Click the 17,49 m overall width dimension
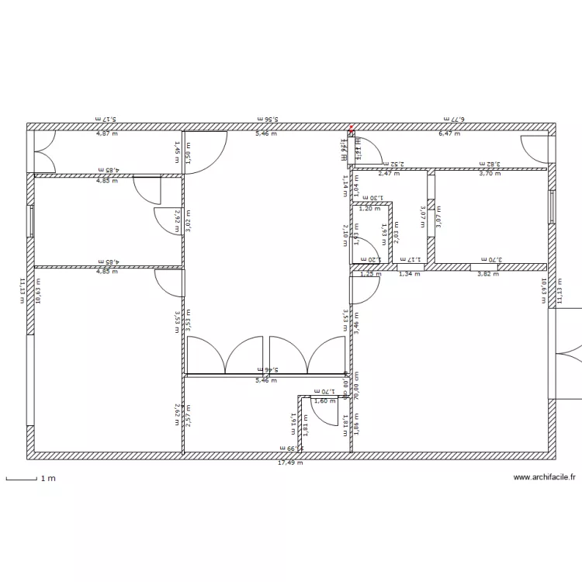[x=290, y=463]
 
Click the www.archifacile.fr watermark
[x=547, y=478]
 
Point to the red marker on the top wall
[x=351, y=128]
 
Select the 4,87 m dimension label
[x=107, y=133]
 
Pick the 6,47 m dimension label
[x=449, y=133]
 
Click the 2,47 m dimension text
[x=388, y=174]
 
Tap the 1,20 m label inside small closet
[x=370, y=208]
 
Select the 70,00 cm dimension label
[x=357, y=385]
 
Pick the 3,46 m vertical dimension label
[x=357, y=321]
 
